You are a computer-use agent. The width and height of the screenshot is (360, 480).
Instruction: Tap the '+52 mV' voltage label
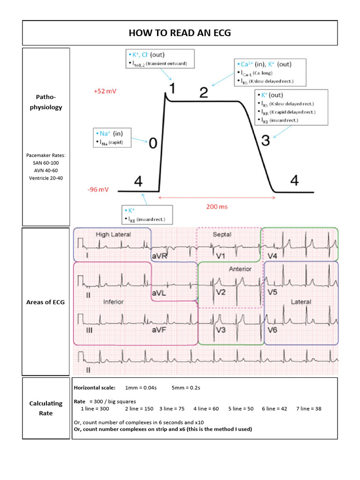coord(105,91)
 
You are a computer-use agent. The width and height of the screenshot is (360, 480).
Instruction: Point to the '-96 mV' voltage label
coord(98,190)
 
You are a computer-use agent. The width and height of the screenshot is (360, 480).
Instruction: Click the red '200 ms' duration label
coord(217,206)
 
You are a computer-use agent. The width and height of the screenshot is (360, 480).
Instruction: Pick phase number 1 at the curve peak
coord(172,88)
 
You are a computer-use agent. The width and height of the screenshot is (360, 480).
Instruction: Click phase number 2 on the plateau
coord(203,92)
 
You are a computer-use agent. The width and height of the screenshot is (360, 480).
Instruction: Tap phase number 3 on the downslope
coord(265,140)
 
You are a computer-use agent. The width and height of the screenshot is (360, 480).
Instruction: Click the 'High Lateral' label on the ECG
coord(113,234)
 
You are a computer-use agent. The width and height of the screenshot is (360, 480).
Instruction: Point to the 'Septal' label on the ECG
coord(222,234)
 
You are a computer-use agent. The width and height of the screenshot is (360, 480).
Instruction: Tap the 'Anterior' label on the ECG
coord(240,269)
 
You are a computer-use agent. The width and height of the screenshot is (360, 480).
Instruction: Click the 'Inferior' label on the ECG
coord(113,302)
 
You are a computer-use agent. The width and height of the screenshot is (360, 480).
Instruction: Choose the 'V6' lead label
coord(273,330)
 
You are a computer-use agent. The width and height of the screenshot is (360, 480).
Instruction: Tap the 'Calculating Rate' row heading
coord(46,408)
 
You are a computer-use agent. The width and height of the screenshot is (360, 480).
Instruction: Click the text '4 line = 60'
coord(206,409)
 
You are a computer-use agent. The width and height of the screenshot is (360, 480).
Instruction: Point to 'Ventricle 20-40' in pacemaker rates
coord(46,178)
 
